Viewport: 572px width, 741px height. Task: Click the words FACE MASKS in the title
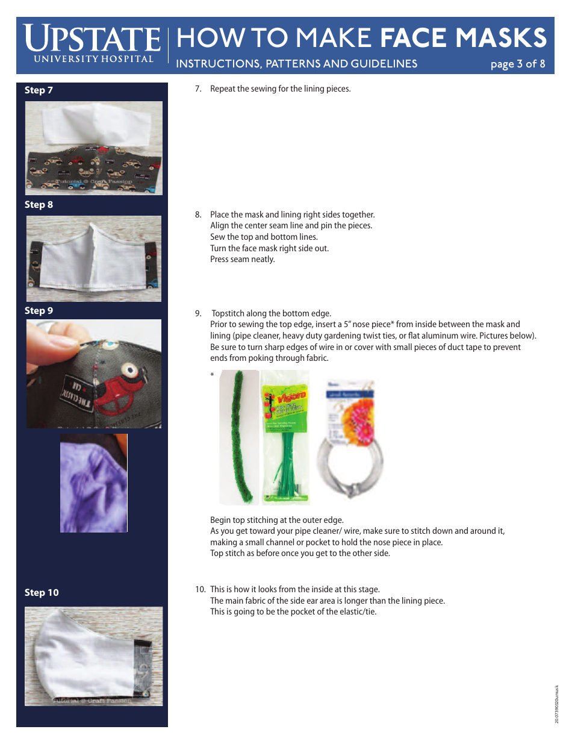point(464,39)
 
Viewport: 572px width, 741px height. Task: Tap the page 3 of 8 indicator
point(517,64)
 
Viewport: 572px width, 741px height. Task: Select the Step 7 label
point(39,90)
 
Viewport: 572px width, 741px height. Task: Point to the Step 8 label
point(39,205)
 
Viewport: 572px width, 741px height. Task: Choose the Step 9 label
point(39,311)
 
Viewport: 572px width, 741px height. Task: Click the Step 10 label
point(42,593)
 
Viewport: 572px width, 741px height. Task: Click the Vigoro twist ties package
point(284,437)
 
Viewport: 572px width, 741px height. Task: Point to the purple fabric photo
point(93,483)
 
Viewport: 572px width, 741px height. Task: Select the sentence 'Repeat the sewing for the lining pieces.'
point(280,89)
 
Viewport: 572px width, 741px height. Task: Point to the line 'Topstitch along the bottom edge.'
point(271,313)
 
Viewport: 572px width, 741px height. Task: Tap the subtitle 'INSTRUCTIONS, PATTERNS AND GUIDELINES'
point(296,64)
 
